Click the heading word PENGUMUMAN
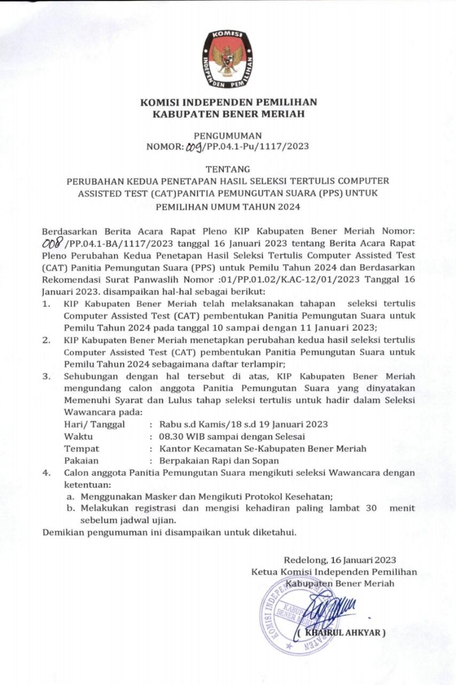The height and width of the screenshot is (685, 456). tap(228, 136)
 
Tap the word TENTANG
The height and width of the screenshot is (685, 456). tap(228, 170)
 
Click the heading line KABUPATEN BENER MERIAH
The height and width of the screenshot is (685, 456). tap(228, 113)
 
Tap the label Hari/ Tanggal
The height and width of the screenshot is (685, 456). tap(94, 424)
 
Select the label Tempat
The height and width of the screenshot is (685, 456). tap(81, 448)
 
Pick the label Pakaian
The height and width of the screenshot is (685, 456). tap(81, 460)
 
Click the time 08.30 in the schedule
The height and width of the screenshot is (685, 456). tap(173, 436)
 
